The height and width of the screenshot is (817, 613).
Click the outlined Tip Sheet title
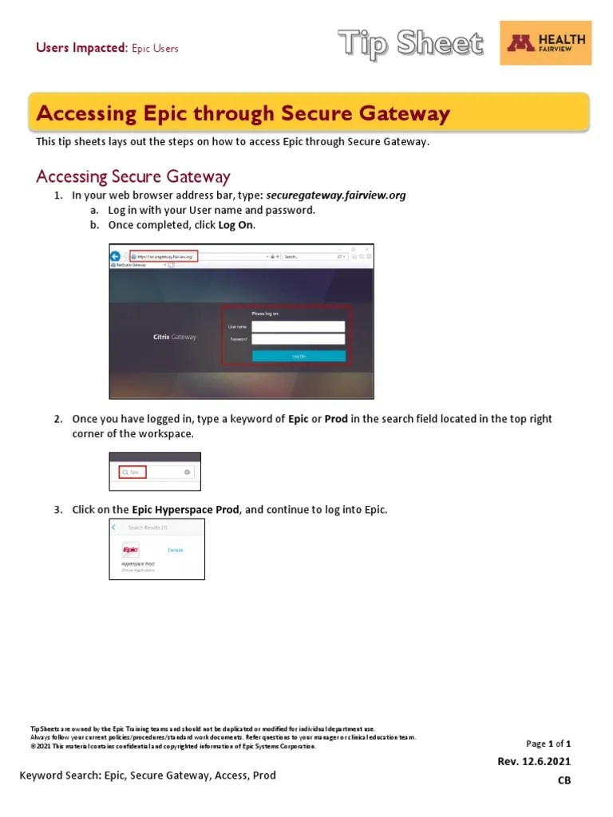410,43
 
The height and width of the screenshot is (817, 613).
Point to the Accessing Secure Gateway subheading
133,176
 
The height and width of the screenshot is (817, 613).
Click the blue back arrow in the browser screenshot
116,256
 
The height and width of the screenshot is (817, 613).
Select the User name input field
298,326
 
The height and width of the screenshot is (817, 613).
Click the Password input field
298,339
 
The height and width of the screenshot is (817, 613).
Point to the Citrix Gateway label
174,337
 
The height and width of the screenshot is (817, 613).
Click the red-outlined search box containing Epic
132,472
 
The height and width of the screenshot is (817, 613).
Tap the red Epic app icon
130,550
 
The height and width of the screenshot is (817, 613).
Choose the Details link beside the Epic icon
176,550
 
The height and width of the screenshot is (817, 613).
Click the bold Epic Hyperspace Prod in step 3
185,509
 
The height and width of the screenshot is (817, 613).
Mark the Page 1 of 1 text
548,744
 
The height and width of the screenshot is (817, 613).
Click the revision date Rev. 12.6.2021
534,761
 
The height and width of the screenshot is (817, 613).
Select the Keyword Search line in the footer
148,775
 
